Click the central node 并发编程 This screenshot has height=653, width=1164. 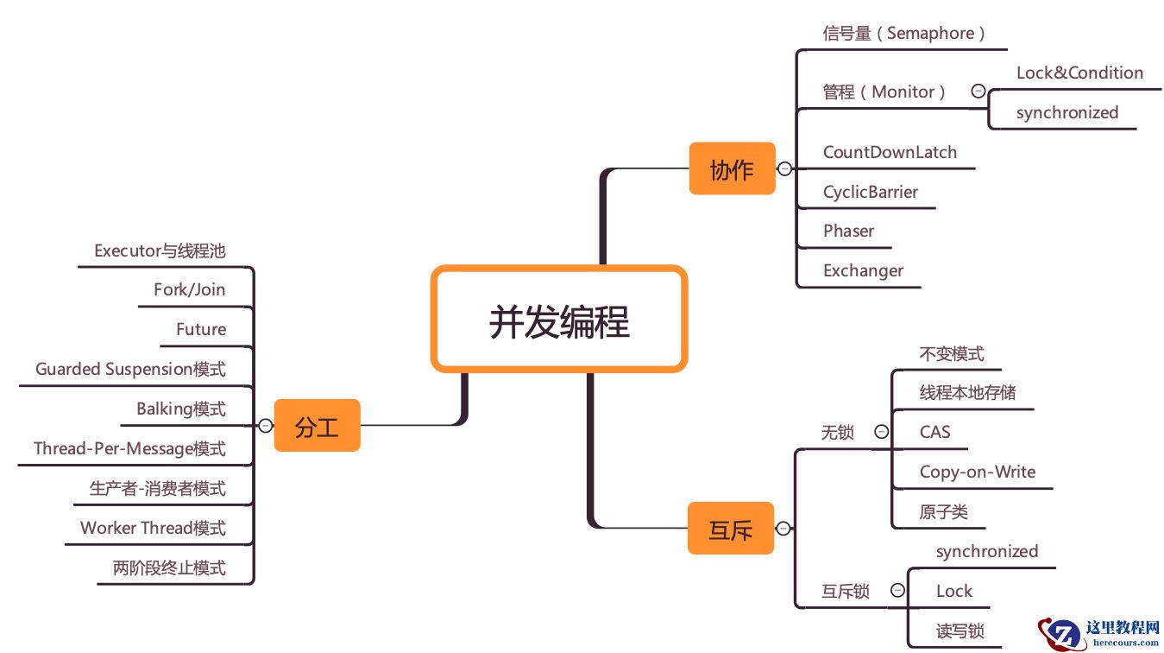point(559,320)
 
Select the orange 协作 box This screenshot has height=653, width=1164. point(732,169)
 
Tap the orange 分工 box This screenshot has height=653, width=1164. point(317,426)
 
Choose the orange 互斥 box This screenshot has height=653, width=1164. point(731,529)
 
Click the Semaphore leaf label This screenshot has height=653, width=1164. point(903,34)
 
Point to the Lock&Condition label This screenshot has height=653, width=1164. point(1079,73)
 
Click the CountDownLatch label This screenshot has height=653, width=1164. point(890,153)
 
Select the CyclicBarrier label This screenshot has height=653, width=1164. point(871,192)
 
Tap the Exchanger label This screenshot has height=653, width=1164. point(863,271)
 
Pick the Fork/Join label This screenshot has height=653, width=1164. point(189,290)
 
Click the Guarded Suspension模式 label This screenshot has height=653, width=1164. point(130,370)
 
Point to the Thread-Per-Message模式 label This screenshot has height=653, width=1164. point(129,449)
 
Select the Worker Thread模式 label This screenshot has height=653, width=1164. point(153,528)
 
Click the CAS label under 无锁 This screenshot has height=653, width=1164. point(934,433)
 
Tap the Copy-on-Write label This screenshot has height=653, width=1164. point(977,472)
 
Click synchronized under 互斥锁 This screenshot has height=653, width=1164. point(987,552)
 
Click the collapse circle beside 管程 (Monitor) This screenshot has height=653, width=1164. point(978,91)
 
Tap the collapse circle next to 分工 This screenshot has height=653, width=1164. point(266,425)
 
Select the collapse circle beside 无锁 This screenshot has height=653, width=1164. point(881,432)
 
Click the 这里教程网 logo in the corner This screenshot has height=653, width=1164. point(1099,633)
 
